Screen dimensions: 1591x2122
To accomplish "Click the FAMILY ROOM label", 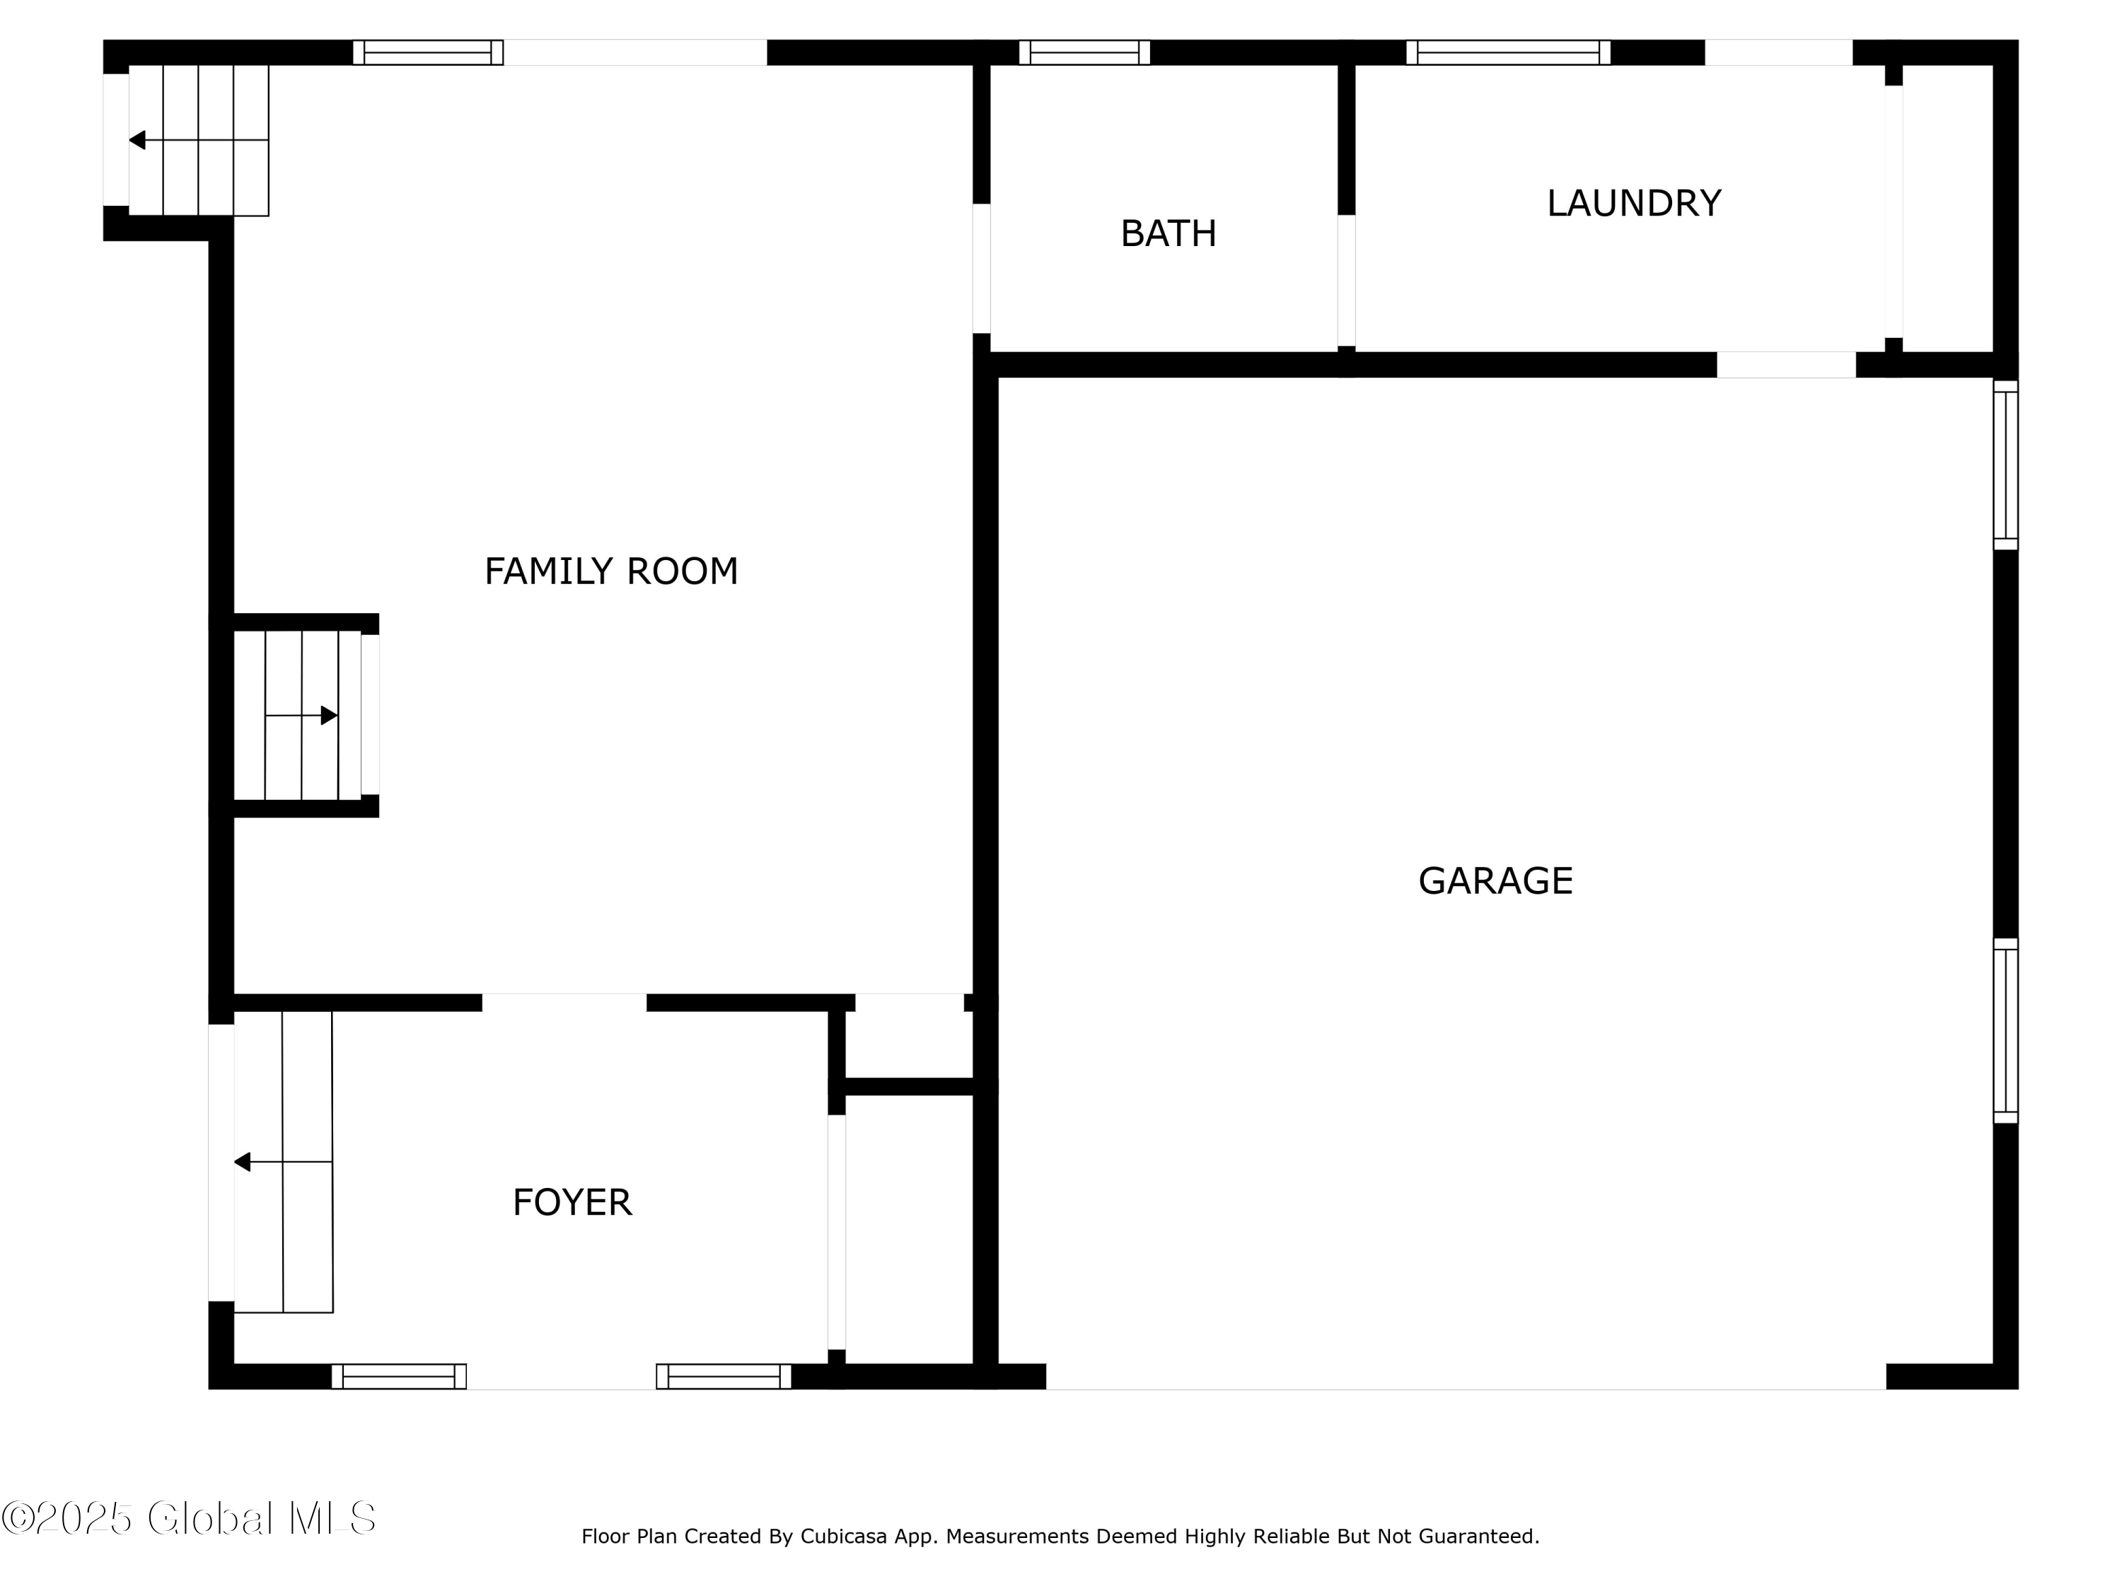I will [611, 571].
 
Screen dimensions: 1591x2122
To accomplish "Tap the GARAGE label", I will [1495, 881].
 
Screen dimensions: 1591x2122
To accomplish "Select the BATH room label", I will [1168, 234].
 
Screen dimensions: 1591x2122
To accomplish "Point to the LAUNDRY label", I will [1634, 204].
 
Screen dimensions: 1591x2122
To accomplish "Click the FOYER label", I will [572, 1203].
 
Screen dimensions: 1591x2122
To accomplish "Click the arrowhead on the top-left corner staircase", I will [137, 140].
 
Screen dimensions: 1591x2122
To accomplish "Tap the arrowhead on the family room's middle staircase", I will [329, 716].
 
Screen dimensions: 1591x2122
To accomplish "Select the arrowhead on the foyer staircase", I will [243, 1162].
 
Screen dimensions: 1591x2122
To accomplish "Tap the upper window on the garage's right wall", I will [2005, 465].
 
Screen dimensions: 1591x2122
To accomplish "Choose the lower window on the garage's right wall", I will [2005, 1030].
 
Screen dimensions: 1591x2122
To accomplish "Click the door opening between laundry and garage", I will [1785, 364].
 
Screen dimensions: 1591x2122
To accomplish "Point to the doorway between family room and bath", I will [981, 269].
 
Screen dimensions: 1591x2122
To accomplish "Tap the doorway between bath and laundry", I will [1346, 280].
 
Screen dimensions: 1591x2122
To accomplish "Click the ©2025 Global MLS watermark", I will [188, 1518].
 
